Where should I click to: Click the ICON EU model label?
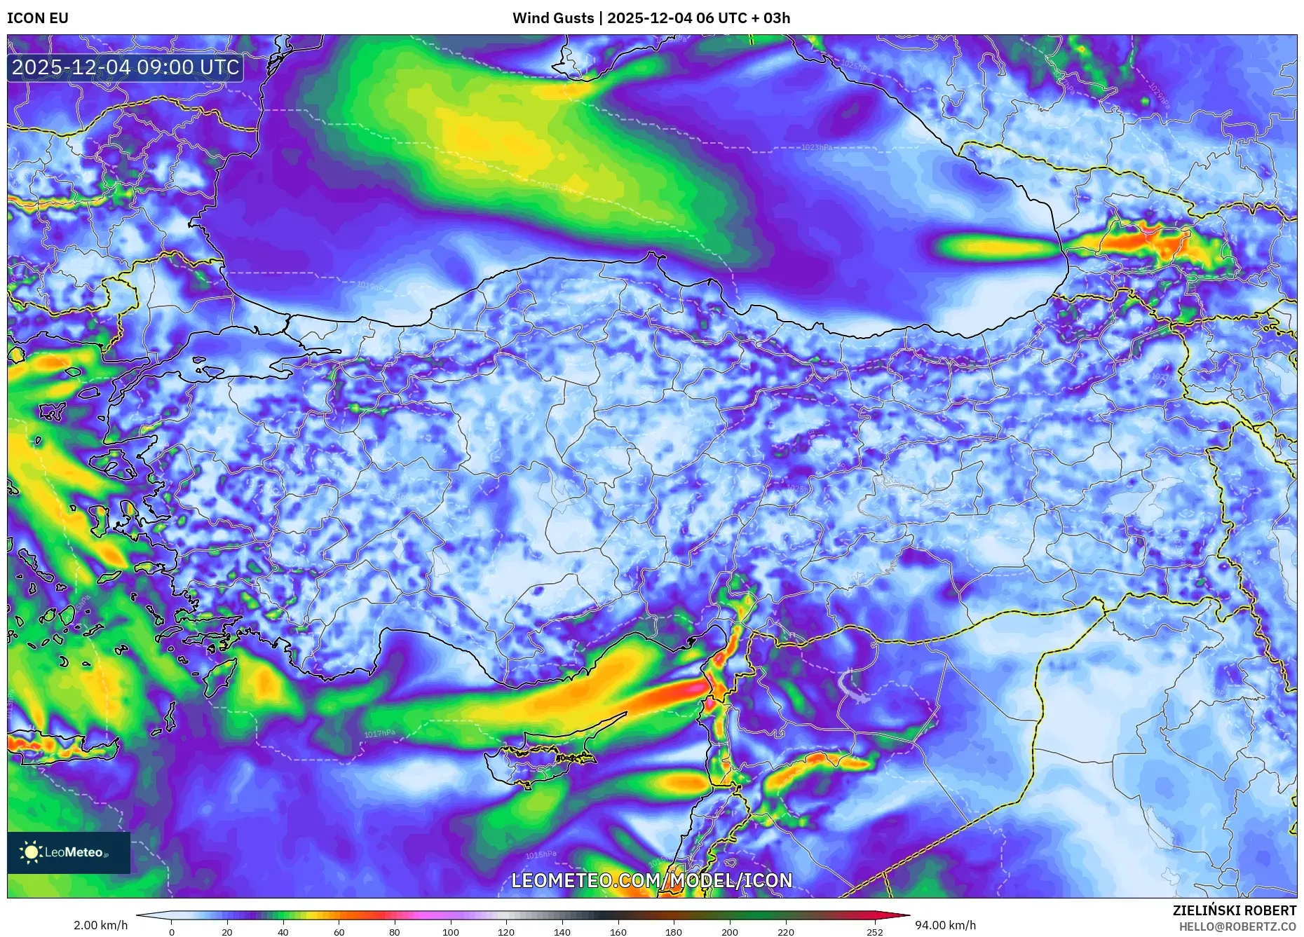coord(38,18)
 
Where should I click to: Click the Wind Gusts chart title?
coord(651,18)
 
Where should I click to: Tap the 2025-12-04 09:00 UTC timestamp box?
coord(125,67)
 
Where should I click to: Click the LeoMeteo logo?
coord(68,852)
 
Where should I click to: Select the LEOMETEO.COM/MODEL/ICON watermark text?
coord(651,880)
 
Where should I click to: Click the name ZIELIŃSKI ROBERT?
coord(1234,910)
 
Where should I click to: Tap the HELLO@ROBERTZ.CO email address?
coord(1237,926)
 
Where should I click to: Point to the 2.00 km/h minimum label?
coord(101,925)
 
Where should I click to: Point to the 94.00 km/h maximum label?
coord(945,925)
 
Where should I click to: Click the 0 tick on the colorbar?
coord(171,932)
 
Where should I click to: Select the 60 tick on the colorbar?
coord(339,932)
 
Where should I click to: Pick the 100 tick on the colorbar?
coord(450,932)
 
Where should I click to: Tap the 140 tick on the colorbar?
coord(562,932)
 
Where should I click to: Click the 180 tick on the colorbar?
coord(673,932)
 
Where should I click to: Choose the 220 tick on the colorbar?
coord(785,932)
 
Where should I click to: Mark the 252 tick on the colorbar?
coord(874,932)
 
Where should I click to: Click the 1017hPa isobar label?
coord(379,734)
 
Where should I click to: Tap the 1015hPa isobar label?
coord(541,855)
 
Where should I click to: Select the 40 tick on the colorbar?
coord(283,932)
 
